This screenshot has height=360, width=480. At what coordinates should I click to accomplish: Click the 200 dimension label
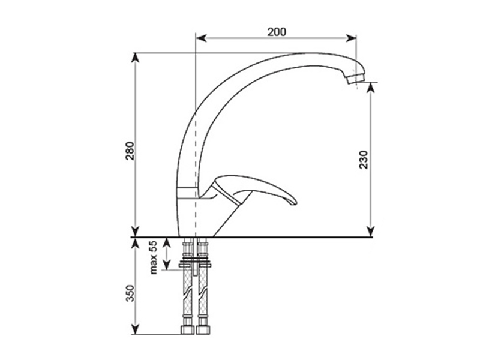(277, 32)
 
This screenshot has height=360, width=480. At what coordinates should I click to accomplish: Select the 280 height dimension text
(130, 151)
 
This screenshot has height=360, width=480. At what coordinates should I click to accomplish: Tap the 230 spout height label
(364, 160)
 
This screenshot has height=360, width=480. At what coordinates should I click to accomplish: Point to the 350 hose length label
(130, 293)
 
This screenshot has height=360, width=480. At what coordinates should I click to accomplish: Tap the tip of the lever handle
(295, 202)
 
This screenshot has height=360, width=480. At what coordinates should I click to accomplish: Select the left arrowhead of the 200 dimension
(201, 38)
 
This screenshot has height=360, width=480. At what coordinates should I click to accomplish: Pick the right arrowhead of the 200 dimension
(351, 38)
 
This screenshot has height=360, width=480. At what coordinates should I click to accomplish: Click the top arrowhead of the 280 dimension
(135, 58)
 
